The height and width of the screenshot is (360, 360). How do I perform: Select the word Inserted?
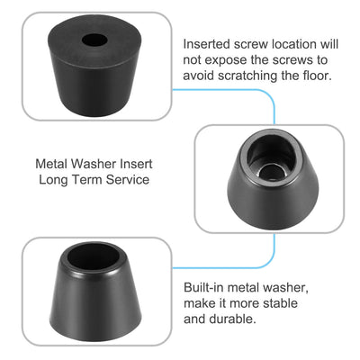pyautogui.click(x=209, y=43)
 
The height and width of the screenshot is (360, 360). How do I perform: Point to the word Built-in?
pyautogui.click(x=204, y=286)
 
